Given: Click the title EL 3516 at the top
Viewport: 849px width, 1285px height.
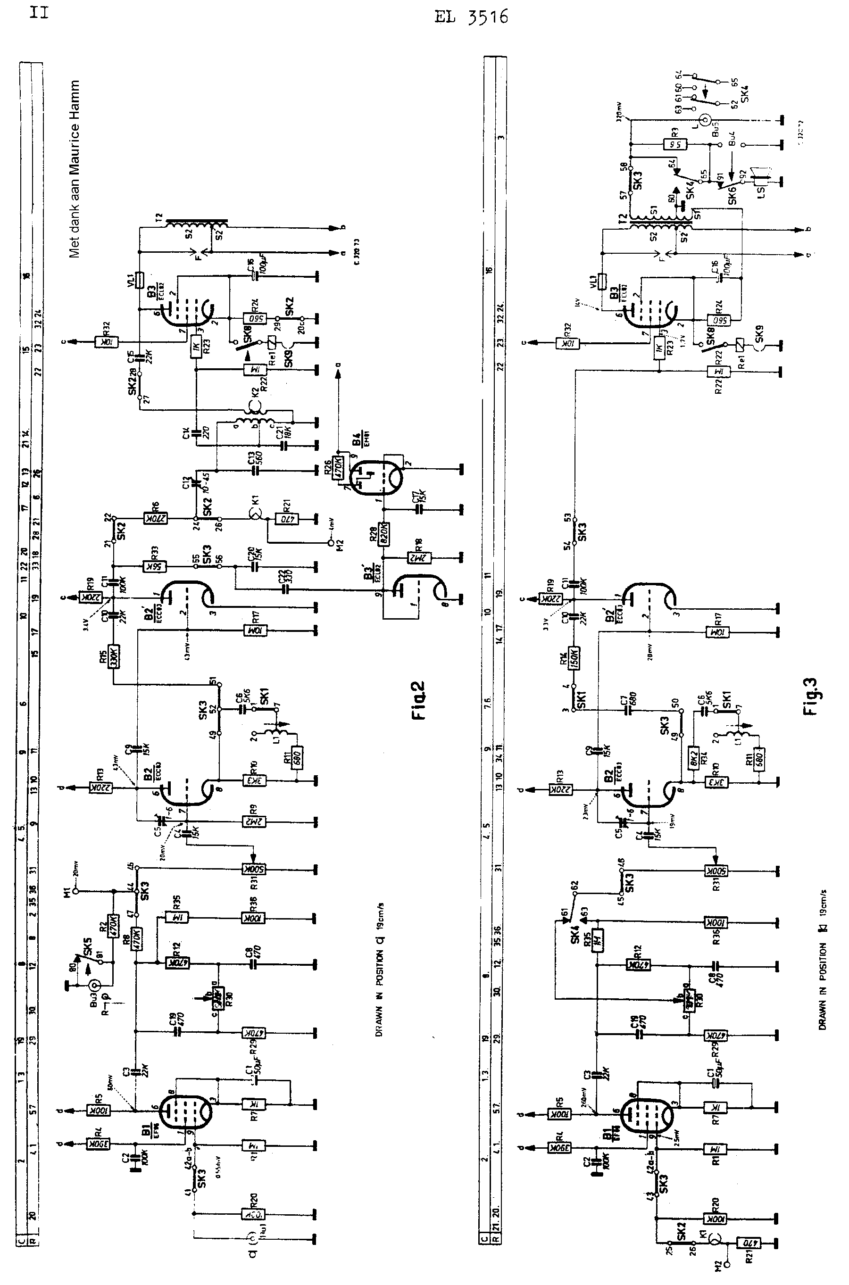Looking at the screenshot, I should tap(471, 18).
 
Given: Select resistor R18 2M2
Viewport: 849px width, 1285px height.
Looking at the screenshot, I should tap(420, 557).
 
